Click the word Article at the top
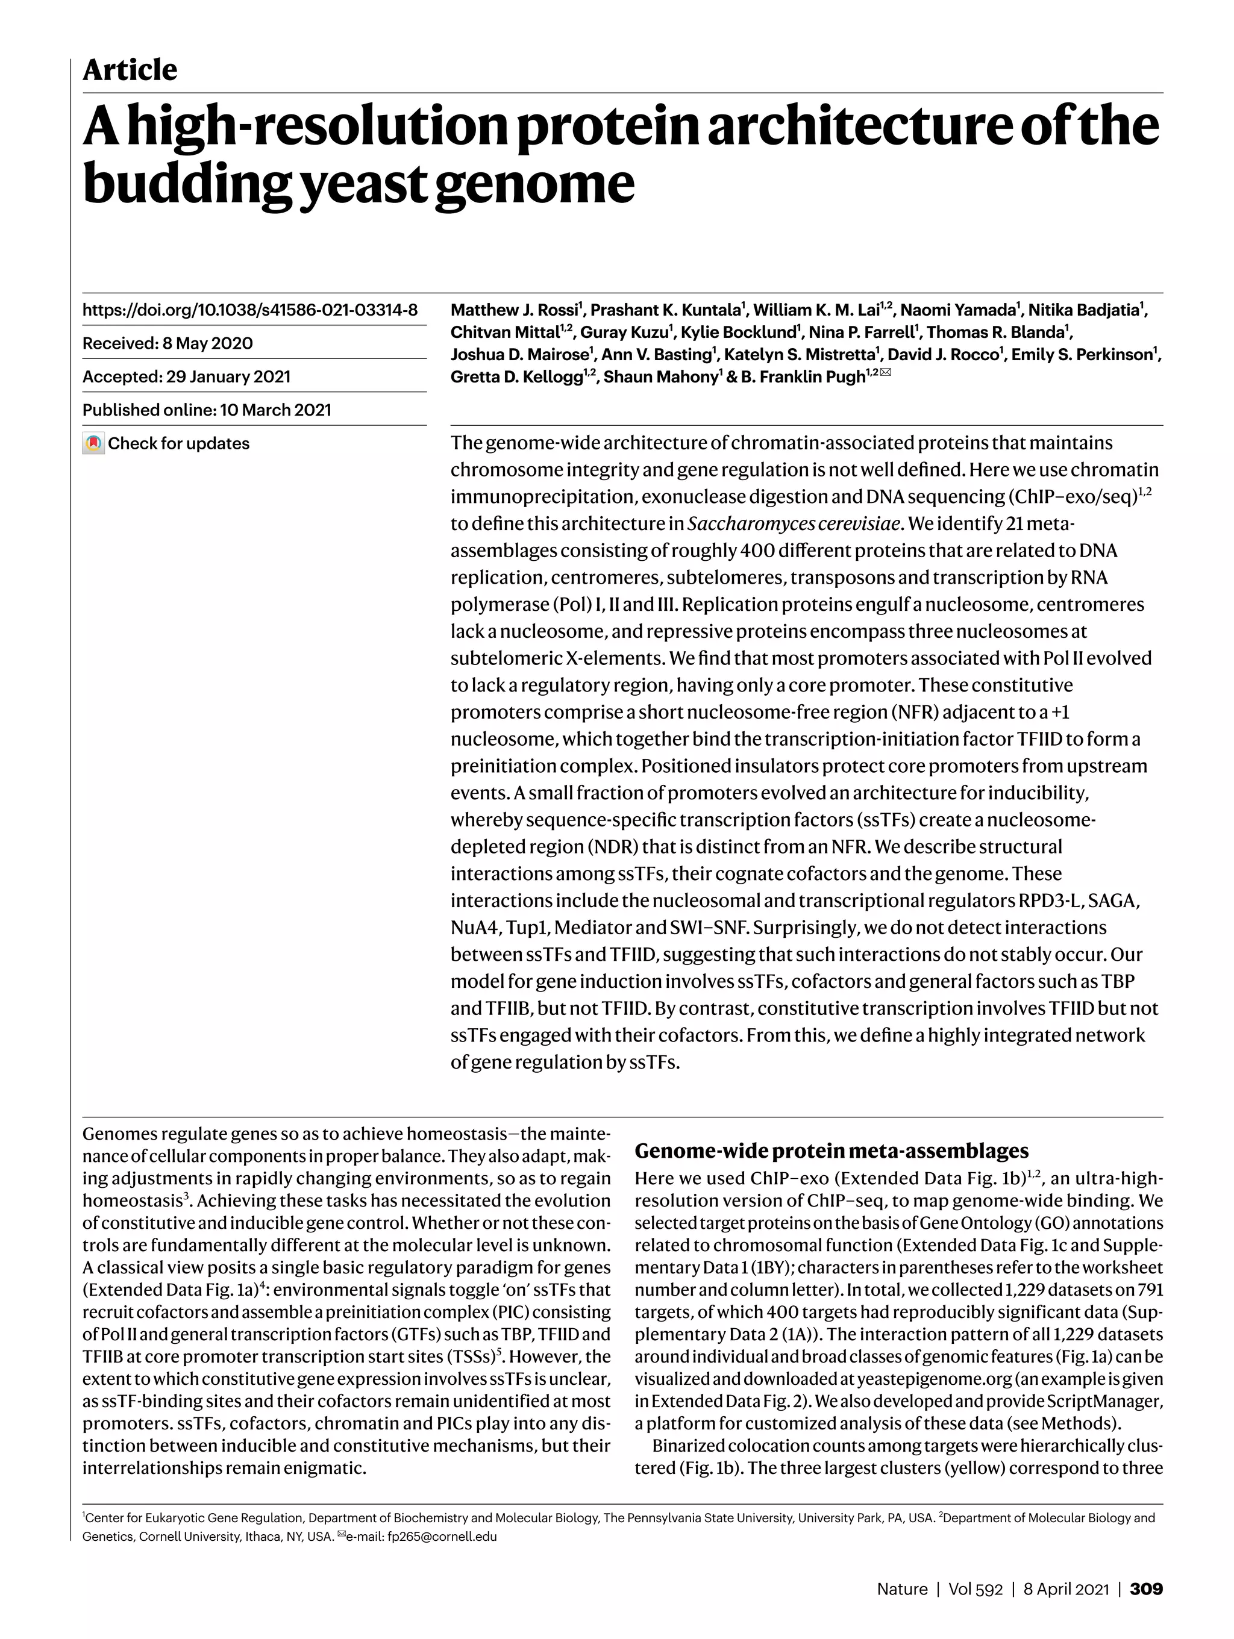130,70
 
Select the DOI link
250,310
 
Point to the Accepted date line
186,376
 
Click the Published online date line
207,410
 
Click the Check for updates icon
93,443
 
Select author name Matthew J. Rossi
516,310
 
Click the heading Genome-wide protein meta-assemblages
832,1150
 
